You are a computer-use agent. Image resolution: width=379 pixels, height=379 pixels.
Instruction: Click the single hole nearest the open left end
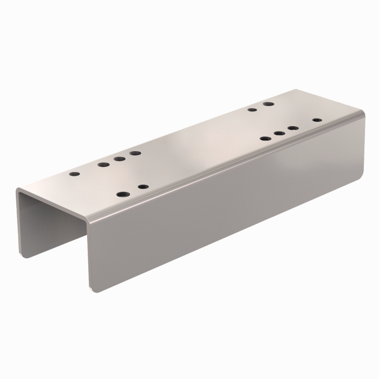click(75, 175)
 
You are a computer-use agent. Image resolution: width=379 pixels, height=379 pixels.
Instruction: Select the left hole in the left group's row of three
click(103, 164)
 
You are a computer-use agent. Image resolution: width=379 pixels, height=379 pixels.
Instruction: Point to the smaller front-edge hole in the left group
click(143, 187)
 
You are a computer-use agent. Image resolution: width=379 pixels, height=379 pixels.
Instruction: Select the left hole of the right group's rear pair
click(252, 110)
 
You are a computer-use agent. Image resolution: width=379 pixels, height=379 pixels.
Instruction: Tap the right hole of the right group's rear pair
click(268, 103)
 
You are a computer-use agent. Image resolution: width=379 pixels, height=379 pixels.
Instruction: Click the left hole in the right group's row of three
click(265, 139)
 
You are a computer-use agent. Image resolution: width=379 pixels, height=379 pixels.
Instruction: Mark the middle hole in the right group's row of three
click(279, 133)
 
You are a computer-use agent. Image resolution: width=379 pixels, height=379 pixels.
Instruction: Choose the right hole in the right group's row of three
click(293, 128)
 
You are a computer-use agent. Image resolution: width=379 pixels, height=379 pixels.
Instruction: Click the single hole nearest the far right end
click(317, 120)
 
